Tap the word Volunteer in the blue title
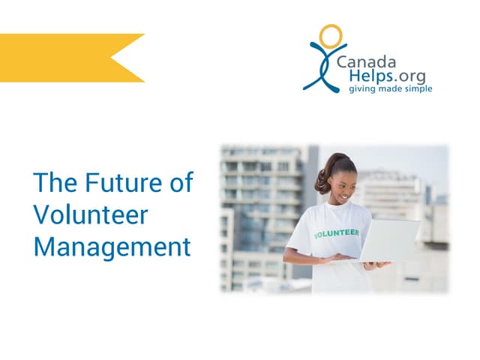pyautogui.click(x=91, y=214)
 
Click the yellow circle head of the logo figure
pyautogui.click(x=330, y=36)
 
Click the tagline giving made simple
pyautogui.click(x=389, y=89)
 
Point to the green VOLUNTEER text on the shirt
pyautogui.click(x=336, y=233)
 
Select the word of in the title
pyautogui.click(x=180, y=183)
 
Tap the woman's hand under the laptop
pyautogui.click(x=375, y=265)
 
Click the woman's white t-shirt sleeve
pyautogui.click(x=298, y=238)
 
